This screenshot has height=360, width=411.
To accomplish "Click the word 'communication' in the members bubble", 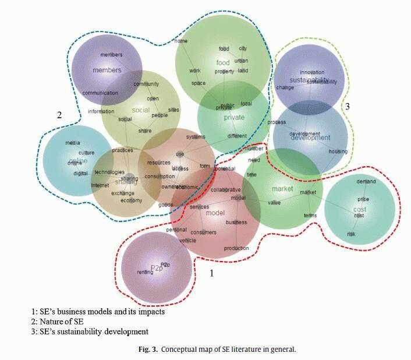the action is point(100,93).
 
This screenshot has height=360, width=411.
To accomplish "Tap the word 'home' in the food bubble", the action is point(181,41).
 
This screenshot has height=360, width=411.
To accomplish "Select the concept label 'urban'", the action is point(241,60).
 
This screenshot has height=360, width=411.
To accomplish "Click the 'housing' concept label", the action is point(338,151).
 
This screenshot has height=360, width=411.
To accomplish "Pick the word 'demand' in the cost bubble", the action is point(366,182).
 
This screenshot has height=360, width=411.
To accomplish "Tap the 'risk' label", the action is point(351,234).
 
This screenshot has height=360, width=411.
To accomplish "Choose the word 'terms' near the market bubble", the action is point(310,216).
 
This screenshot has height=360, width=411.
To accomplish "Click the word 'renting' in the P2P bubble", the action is point(145,272).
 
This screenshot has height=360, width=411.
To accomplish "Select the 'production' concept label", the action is point(236,248).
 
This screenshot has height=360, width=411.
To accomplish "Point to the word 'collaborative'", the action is point(225,190).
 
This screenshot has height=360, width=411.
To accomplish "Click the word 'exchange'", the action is point(122,193).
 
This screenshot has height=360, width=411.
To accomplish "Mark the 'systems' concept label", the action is point(196,137).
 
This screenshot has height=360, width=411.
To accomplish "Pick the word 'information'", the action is point(101,111).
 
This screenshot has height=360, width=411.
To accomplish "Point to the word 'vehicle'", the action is point(187,240).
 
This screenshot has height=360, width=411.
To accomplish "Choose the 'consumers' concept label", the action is point(204,232).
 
